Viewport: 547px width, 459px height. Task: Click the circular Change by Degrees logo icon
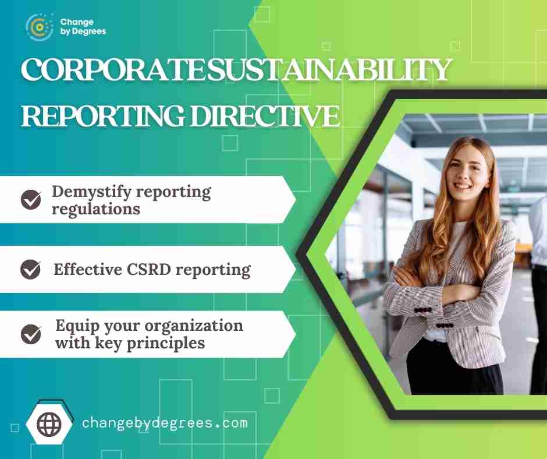[40, 27]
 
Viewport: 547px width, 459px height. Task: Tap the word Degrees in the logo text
[88, 31]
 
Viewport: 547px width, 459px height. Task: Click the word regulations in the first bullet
[96, 209]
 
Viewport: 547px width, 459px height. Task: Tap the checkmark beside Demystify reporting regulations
[31, 199]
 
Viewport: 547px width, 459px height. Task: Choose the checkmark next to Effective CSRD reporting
[30, 269]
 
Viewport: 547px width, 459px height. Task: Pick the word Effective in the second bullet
[87, 269]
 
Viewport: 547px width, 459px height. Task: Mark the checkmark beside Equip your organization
[31, 334]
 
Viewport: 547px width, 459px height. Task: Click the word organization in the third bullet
[194, 326]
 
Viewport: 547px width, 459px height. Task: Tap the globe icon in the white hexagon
[49, 424]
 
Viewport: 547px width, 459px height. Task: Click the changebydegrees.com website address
[165, 423]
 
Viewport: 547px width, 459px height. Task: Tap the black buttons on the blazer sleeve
[423, 310]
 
